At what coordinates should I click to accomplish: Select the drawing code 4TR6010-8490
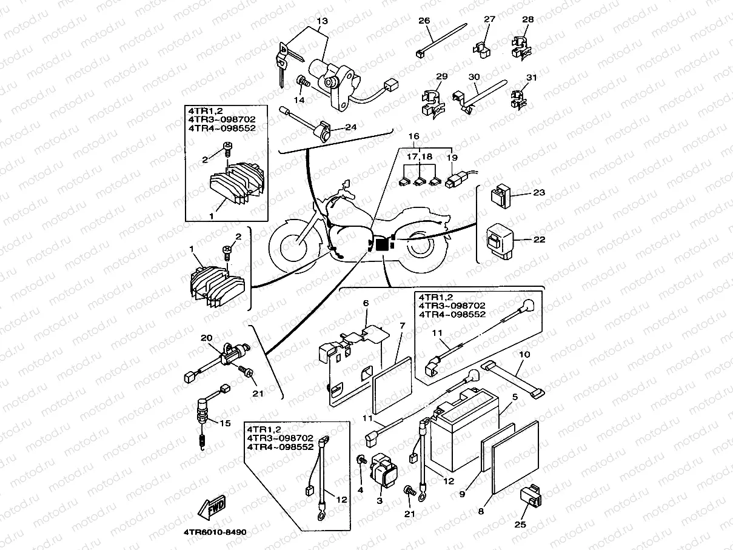coord(215,532)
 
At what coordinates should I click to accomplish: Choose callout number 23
coord(538,192)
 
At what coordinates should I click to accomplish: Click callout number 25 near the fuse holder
coord(521,525)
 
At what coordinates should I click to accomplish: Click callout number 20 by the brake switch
coord(206,338)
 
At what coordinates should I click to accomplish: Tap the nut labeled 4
coord(361,462)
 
